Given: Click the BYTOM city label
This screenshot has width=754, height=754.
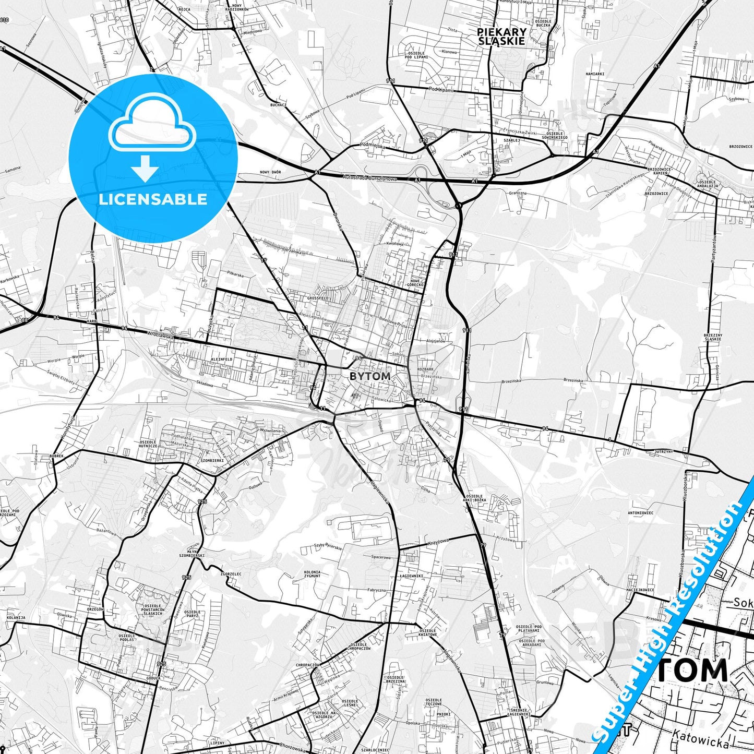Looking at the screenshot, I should (x=369, y=376).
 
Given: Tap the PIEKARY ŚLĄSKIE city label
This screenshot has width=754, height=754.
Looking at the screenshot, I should (x=501, y=37).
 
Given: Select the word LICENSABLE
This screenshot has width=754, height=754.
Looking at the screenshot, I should (x=153, y=199).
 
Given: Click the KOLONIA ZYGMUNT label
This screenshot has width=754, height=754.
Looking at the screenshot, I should (x=312, y=575).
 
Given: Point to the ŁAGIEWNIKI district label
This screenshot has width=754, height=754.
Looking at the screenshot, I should (x=412, y=576).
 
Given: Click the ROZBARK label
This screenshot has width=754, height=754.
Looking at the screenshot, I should (x=425, y=369).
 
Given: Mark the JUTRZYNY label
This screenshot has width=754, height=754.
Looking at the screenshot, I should (x=663, y=450).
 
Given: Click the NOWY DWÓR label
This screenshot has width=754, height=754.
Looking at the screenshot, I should (x=270, y=172).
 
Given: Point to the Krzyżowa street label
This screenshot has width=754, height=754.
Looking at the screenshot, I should (x=438, y=542).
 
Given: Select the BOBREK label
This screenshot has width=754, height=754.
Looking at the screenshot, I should (x=56, y=456).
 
